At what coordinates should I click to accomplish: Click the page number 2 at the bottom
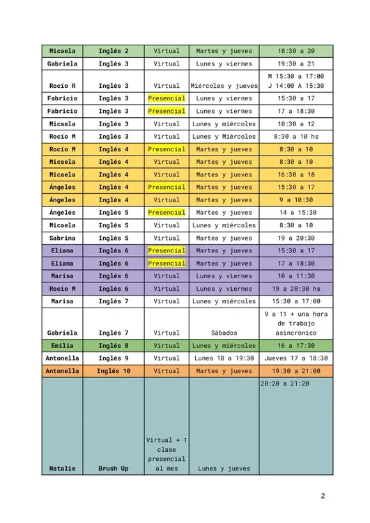[323, 497]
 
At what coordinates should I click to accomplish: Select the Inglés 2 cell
[114, 51]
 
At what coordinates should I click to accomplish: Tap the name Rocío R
[63, 86]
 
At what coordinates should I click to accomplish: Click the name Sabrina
[63, 238]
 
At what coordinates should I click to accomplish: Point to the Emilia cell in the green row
[63, 345]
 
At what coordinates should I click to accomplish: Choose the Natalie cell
[63, 469]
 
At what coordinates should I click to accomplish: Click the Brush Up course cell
[114, 469]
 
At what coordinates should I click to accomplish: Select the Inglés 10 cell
[114, 371]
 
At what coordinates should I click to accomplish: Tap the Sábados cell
[224, 333]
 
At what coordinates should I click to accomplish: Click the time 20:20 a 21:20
[285, 384]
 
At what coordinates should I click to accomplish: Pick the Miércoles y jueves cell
[224, 86]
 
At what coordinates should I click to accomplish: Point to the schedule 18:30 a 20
[295, 51]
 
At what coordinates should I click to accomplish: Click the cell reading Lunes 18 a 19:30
[224, 358]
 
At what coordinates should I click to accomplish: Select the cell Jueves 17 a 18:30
[295, 358]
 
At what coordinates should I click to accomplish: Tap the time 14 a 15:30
[295, 213]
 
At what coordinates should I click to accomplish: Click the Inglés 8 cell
[114, 345]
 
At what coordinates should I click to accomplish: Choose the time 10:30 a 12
[295, 123]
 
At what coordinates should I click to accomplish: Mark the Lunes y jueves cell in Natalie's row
[224, 469]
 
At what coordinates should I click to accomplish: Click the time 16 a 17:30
[295, 345]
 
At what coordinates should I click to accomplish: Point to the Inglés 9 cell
[114, 358]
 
